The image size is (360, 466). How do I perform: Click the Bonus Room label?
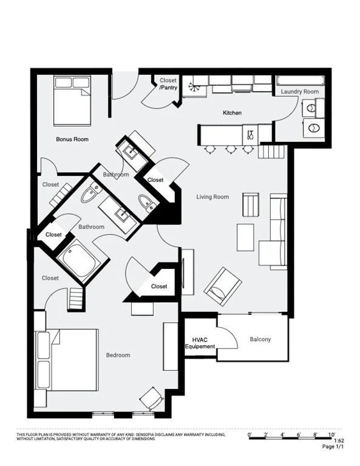point(72,139)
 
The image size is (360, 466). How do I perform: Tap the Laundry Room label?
point(299,92)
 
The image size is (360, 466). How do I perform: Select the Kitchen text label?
point(232,113)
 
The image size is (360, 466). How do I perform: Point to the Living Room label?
point(212,197)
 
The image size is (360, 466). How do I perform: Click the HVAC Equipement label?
point(200,343)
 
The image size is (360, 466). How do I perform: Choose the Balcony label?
point(260,339)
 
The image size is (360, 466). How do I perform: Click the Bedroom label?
point(118,355)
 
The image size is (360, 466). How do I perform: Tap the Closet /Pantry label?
point(168,84)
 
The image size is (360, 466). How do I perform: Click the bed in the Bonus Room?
point(72,99)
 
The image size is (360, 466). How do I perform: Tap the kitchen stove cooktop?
point(251,132)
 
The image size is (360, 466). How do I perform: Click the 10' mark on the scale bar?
point(331,435)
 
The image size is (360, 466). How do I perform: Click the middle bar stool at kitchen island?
point(229,148)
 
